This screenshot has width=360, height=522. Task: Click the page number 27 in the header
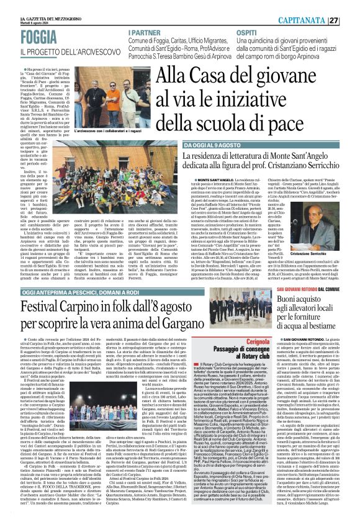point(351,20)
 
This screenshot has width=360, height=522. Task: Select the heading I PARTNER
point(145,32)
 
